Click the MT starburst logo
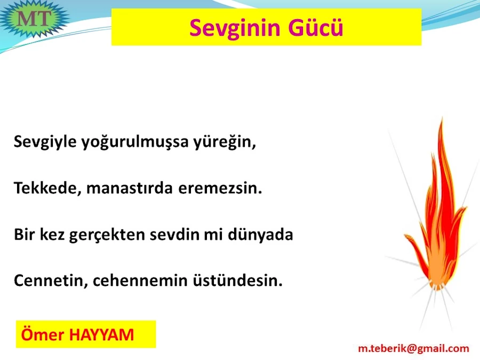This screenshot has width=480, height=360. click(x=34, y=18)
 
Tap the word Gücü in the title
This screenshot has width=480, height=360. click(x=315, y=28)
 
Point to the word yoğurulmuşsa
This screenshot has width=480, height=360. click(x=135, y=142)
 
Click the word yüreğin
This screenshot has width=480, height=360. click(x=225, y=142)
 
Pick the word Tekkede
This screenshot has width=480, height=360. click(x=47, y=188)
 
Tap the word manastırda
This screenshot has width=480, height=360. click(x=130, y=188)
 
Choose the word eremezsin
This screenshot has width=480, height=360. click(x=220, y=188)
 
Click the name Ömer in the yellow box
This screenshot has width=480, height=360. click(x=43, y=334)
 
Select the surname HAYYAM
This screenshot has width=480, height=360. click(x=102, y=334)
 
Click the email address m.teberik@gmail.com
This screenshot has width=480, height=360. click(x=413, y=348)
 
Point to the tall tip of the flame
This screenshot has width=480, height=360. click(x=442, y=117)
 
